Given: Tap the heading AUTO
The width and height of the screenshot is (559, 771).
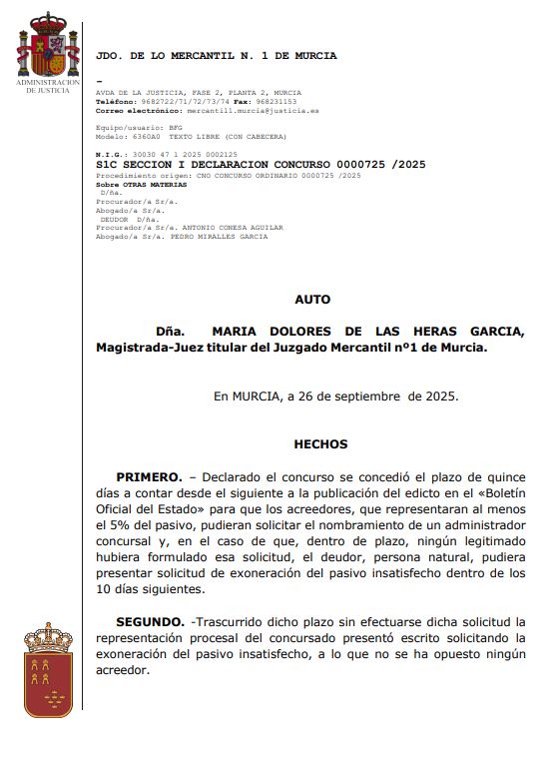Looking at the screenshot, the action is [x=312, y=299].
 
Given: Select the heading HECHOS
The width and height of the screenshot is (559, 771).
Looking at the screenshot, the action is [x=320, y=443].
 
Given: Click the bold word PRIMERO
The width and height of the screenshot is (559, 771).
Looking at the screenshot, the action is [x=149, y=477].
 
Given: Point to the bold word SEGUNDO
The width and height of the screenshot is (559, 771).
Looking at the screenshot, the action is [x=150, y=621].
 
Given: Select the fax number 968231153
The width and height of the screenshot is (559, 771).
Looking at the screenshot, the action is [x=275, y=101].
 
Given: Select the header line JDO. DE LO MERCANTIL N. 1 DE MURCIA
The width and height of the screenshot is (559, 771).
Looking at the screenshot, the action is [x=216, y=56].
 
